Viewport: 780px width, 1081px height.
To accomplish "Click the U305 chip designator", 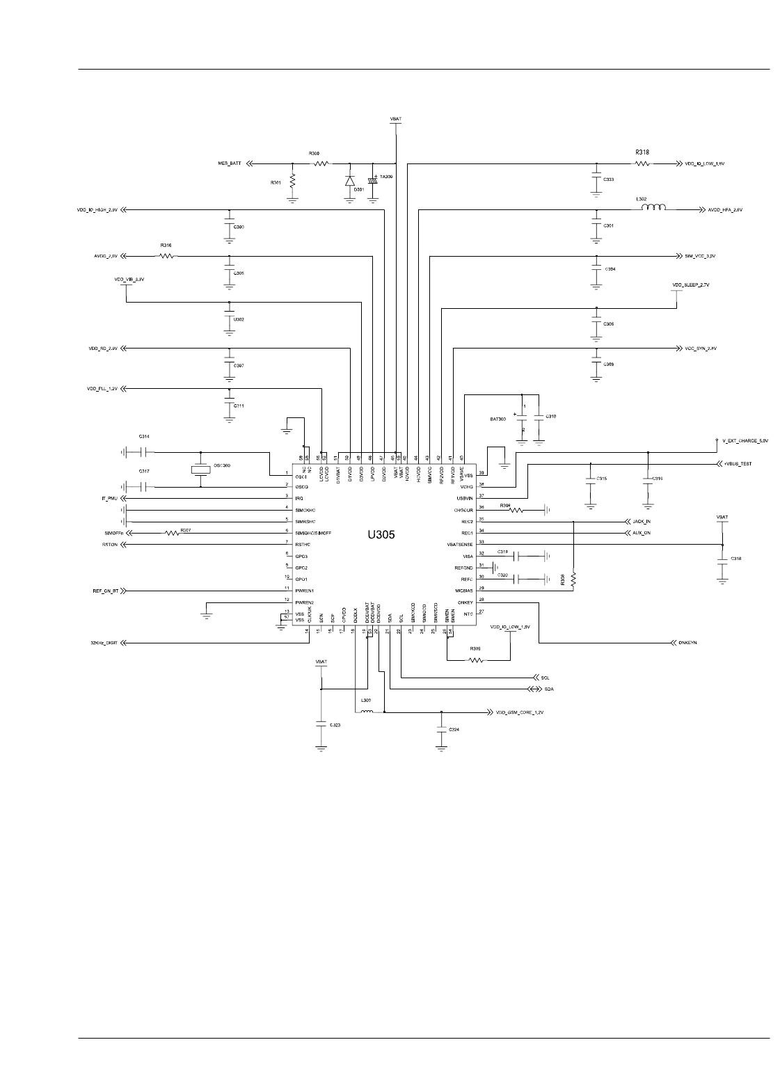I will (x=382, y=536).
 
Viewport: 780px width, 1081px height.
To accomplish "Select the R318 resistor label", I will (x=642, y=152).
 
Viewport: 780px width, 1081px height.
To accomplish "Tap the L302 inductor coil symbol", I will (x=652, y=207).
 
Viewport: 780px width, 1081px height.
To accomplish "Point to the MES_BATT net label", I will (x=229, y=163).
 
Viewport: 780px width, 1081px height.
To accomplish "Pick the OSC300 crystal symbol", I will (x=200, y=470).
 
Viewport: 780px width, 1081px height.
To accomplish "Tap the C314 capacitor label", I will (x=144, y=436).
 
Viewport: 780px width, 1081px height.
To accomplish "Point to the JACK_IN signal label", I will (x=642, y=521).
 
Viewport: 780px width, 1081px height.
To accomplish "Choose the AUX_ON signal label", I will (x=641, y=533).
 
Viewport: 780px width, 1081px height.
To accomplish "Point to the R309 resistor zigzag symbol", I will (x=476, y=659).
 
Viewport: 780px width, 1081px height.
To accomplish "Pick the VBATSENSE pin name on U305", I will (x=460, y=544).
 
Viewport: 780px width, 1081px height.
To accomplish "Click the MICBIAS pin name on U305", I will (x=462, y=590).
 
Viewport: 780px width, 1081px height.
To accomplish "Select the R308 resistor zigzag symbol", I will (x=573, y=579).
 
